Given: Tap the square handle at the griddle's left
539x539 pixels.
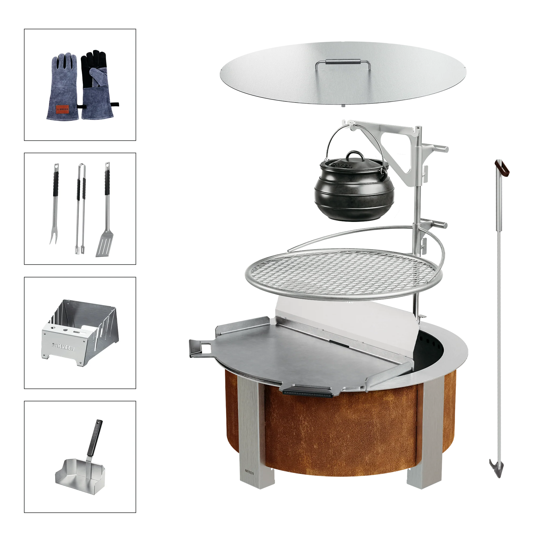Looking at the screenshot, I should pyautogui.click(x=199, y=347).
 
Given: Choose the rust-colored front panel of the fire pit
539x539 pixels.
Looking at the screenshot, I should pyautogui.click(x=340, y=433).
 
